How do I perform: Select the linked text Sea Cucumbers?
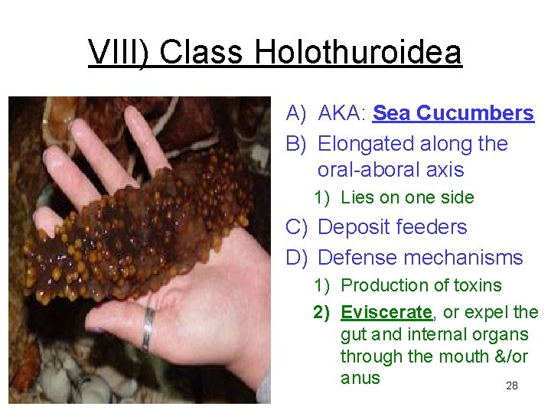453,114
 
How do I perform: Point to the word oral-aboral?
367,169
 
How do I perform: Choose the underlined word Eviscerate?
386,312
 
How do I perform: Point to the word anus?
360,378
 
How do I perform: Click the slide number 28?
512,386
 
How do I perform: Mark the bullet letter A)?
297,114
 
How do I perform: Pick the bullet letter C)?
297,227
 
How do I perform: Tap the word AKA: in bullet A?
341,114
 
